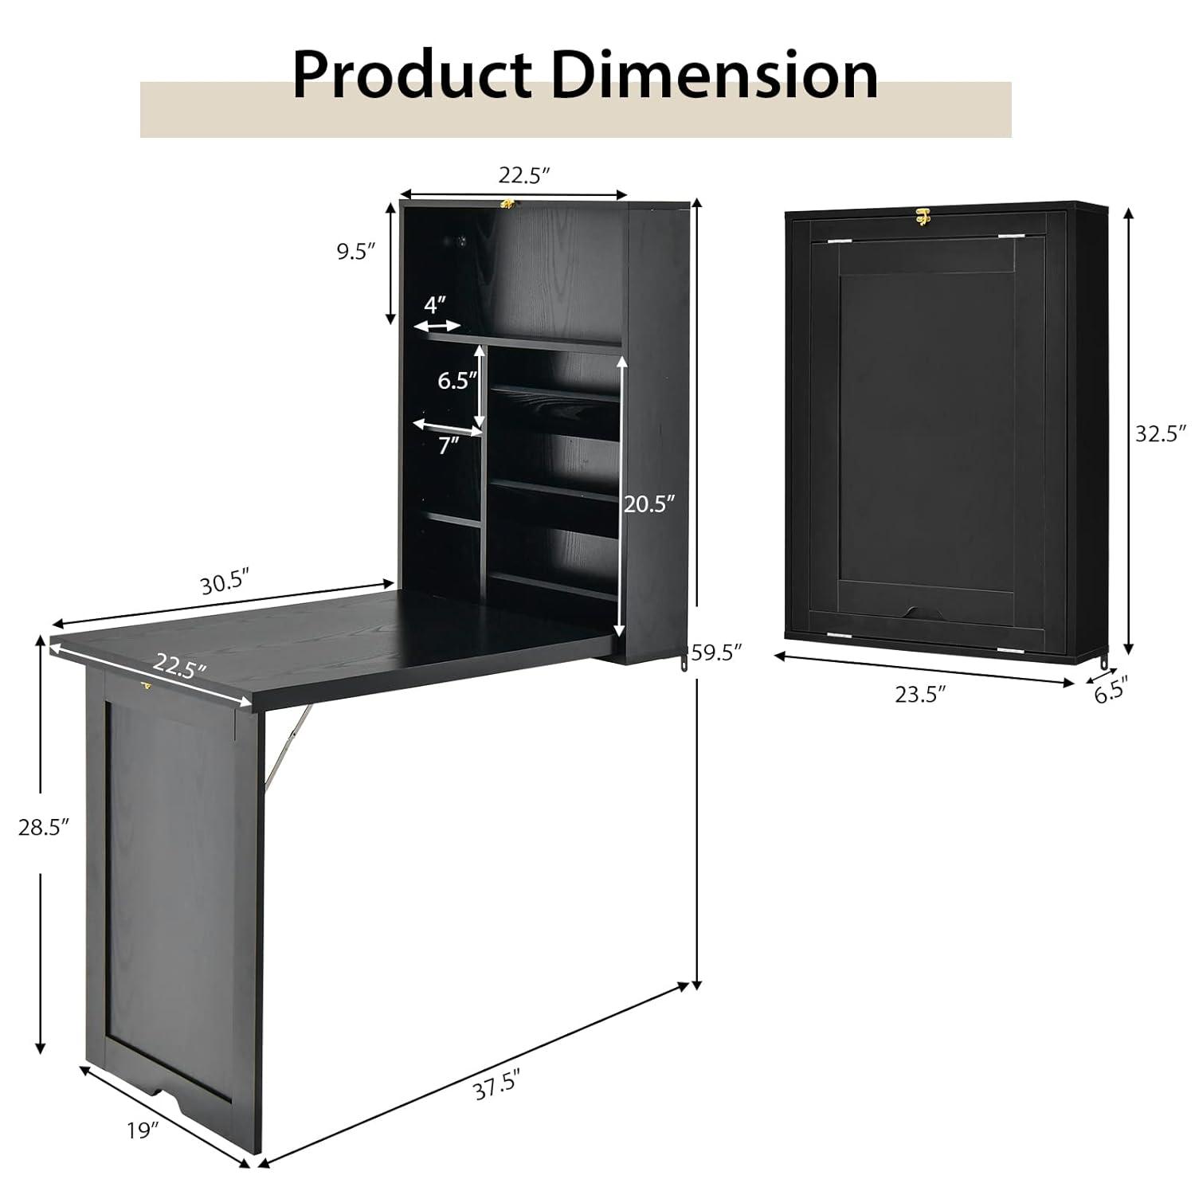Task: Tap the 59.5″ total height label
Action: tap(716, 652)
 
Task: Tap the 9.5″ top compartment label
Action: tap(355, 253)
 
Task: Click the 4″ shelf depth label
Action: tap(434, 304)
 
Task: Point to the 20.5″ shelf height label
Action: tap(649, 503)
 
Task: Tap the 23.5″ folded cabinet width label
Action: tap(920, 695)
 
